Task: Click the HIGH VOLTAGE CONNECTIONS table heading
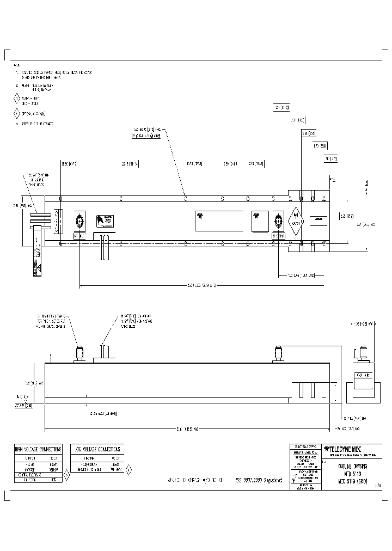[38, 449]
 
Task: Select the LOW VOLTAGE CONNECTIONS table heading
[96, 449]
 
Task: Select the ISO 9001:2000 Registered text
[259, 481]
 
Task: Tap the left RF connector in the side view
[80, 352]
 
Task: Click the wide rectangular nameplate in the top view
[219, 222]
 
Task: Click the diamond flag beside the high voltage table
[66, 474]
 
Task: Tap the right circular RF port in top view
[279, 222]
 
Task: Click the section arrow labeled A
[334, 180]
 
